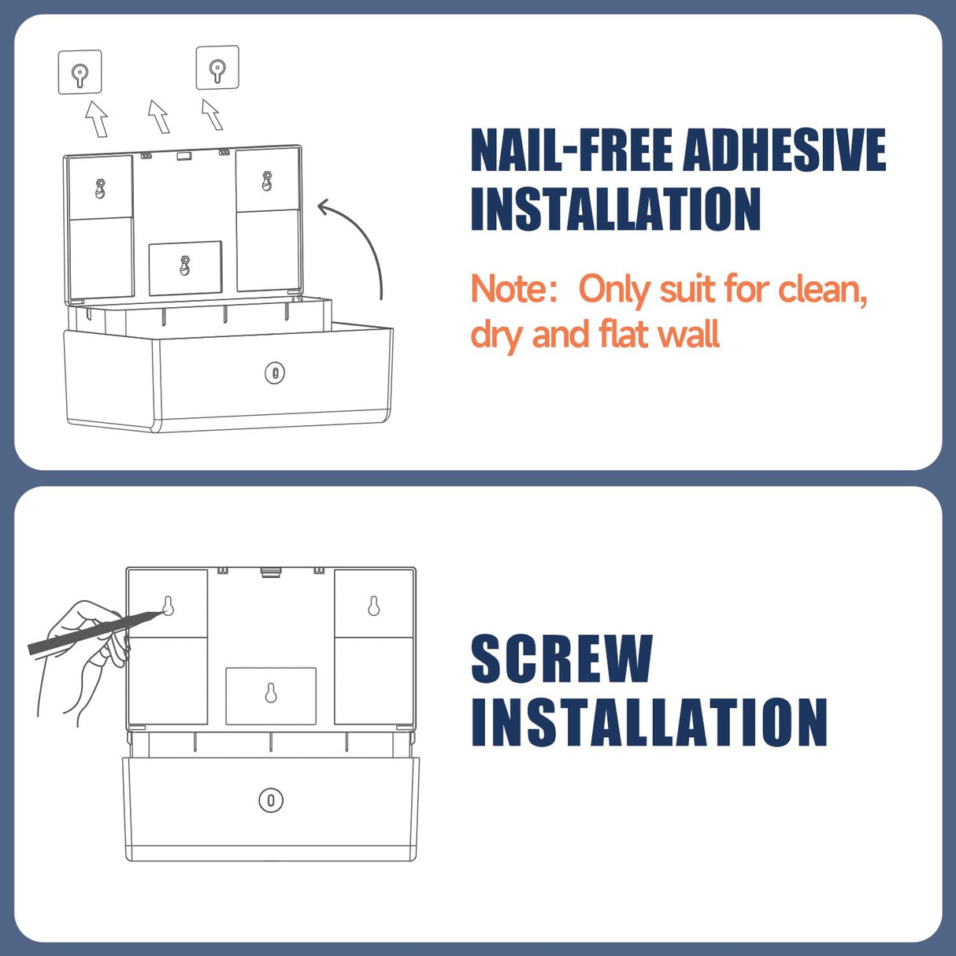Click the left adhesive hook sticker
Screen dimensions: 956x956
80,72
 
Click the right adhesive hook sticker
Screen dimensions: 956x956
217,68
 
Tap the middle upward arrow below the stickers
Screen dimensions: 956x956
159,117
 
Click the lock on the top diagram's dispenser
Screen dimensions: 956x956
275,372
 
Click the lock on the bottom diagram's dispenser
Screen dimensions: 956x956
271,800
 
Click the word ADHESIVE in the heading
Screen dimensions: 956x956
784,150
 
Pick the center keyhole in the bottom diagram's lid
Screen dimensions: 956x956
271,693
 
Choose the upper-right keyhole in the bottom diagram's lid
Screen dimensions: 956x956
374,606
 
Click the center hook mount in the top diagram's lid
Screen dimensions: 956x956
185,265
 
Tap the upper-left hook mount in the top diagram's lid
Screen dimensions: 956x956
100,188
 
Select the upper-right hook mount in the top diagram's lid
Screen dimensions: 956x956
267,181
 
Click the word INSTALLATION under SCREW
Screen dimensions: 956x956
649,722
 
